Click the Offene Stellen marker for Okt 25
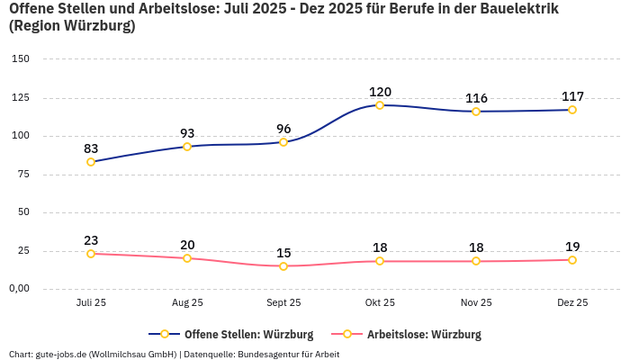click(380, 105)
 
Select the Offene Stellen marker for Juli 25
click(91, 162)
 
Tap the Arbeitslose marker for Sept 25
click(283, 266)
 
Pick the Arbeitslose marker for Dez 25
click(572, 260)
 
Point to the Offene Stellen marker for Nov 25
click(476, 112)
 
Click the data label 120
click(380, 92)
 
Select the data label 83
click(91, 148)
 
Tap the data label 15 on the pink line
click(283, 253)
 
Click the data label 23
click(91, 240)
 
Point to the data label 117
click(572, 96)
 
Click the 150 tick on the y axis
click(21, 58)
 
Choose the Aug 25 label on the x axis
click(187, 303)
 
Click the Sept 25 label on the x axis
click(283, 303)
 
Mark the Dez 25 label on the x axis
click(572, 303)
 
